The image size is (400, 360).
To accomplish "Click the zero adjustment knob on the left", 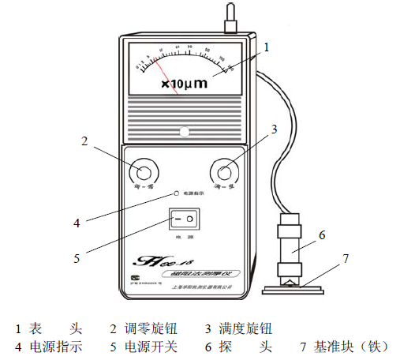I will tap(144, 171).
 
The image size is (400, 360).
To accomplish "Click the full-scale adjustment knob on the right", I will tap(226, 171).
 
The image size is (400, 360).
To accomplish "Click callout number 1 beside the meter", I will tap(266, 47).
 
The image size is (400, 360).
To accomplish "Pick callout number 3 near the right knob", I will tap(272, 128).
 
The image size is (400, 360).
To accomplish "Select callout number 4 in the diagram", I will tap(77, 223).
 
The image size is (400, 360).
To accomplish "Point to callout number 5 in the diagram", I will tap(78, 256).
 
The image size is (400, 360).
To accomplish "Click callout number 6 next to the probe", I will tap(321, 234).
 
